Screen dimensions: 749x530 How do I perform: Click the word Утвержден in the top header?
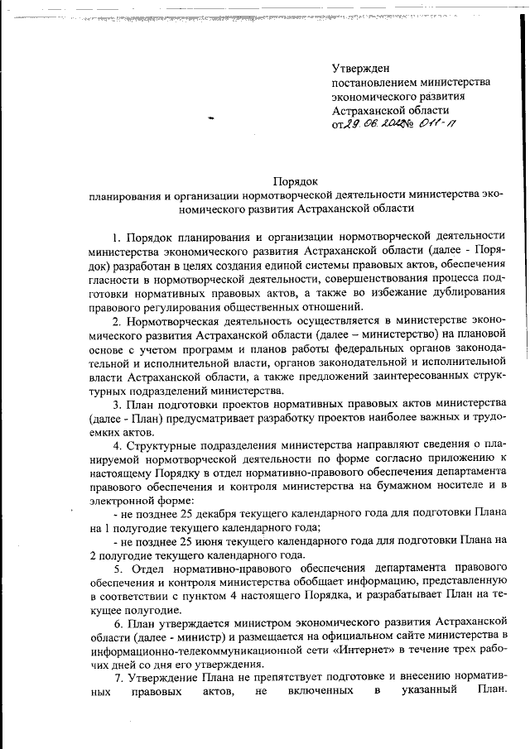(x=360, y=67)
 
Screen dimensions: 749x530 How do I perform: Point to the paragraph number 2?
(x=117, y=319)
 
